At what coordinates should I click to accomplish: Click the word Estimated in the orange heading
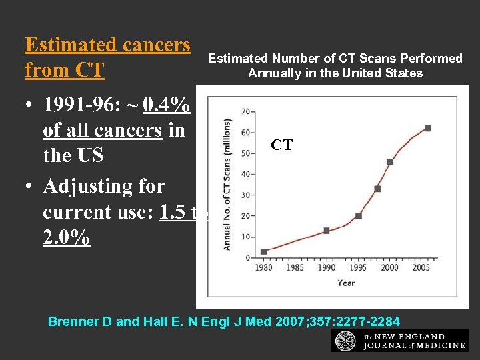point(60,45)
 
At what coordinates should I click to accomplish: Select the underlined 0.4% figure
point(172,105)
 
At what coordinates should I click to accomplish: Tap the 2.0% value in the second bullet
point(66,238)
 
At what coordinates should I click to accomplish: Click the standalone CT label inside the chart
point(281,145)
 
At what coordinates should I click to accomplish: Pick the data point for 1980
point(264,251)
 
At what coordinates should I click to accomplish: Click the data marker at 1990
point(327,231)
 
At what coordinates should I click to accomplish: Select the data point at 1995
point(358,216)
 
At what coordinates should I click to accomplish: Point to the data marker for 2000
point(390,161)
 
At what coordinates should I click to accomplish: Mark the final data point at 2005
point(428,128)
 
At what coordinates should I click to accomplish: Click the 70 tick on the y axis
point(245,111)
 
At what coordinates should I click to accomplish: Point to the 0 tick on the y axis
point(247,257)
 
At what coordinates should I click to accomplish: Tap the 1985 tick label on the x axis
point(295,268)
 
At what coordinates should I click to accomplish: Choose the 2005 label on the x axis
point(421,268)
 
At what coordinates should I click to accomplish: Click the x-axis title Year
point(346,283)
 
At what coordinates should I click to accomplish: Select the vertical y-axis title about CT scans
point(227,185)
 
